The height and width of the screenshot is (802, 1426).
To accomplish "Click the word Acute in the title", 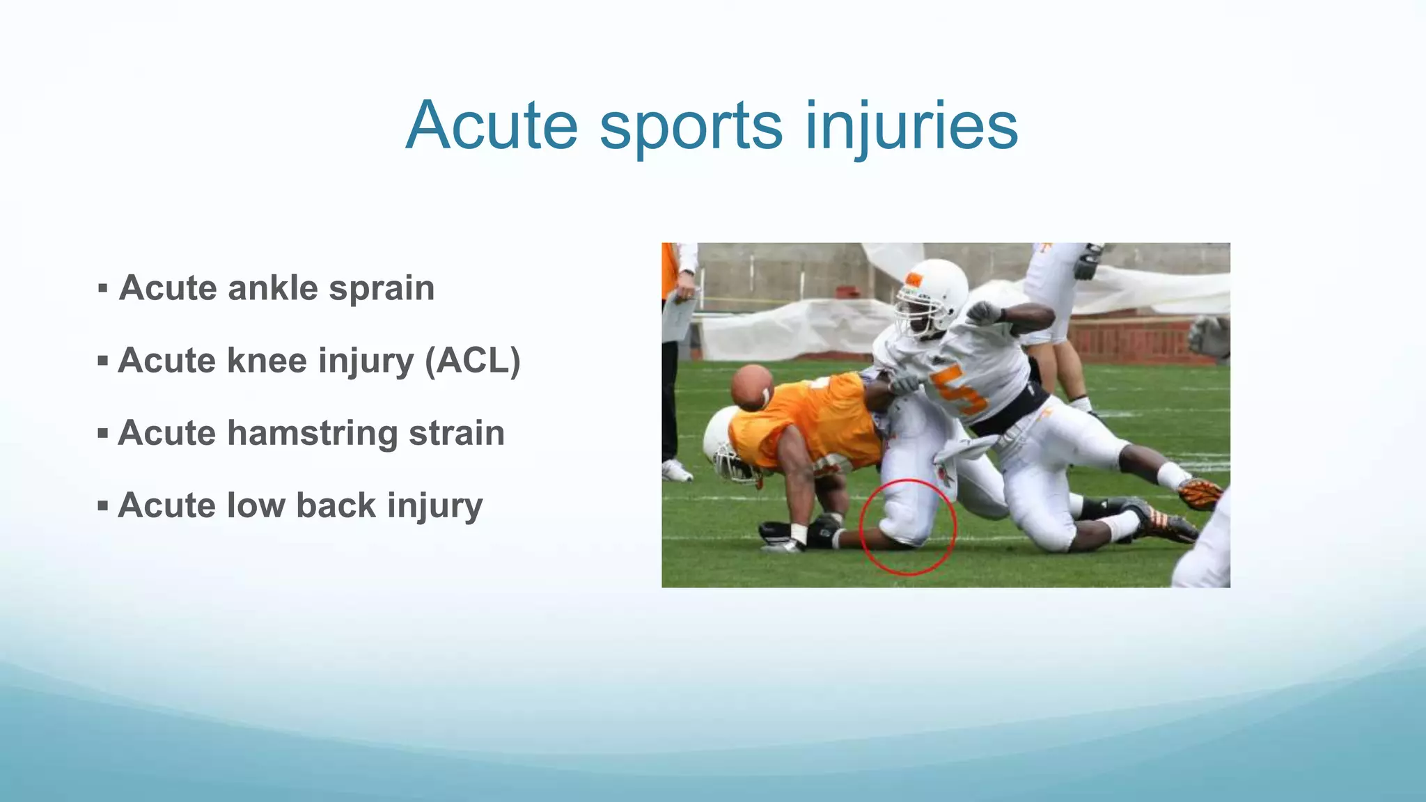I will point(492,126).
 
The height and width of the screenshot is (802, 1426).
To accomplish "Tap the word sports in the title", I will point(691,126).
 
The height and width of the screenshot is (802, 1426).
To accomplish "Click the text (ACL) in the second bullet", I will point(473,361).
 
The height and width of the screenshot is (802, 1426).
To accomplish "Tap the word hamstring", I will point(312,433).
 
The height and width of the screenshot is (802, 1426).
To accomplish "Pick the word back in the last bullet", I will point(336,505).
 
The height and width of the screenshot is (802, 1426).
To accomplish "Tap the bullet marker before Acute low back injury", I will point(103,505).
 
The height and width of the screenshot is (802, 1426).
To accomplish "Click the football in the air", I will point(751,387).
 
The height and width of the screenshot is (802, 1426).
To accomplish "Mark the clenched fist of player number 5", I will point(982,311).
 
